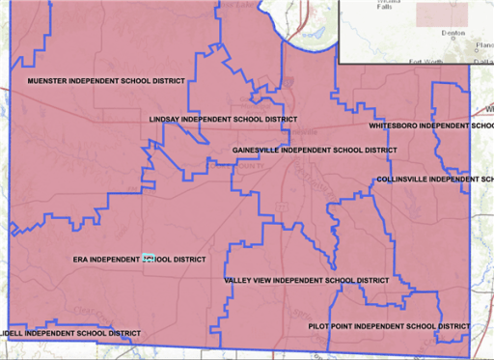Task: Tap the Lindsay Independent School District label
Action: click(x=223, y=120)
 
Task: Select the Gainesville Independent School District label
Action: click(x=316, y=151)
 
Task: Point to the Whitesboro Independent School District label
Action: click(x=432, y=125)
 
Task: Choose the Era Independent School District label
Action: click(x=140, y=260)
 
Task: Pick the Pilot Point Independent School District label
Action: click(x=389, y=326)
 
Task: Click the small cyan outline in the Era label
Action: click(x=149, y=259)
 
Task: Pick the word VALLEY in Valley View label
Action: click(x=237, y=280)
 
